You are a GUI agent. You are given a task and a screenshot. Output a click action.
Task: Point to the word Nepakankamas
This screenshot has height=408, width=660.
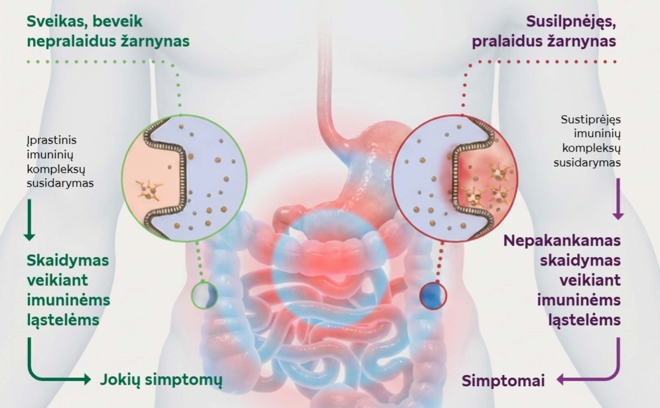pyautogui.click(x=562, y=240)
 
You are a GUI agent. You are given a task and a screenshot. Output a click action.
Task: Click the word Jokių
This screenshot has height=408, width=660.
pyautogui.click(x=123, y=380)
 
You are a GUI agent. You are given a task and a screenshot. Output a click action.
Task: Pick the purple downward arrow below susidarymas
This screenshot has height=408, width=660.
pyautogui.click(x=618, y=199)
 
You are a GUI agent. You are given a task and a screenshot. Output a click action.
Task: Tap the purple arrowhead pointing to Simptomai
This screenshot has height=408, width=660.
pyautogui.click(x=560, y=380)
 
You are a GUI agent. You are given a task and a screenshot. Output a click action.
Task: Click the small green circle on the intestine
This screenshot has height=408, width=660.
pyautogui.click(x=204, y=295)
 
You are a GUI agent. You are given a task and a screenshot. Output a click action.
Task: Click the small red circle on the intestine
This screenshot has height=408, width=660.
pyautogui.click(x=433, y=295)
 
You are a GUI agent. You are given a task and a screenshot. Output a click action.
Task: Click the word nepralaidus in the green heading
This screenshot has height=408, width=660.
pyautogui.click(x=70, y=41)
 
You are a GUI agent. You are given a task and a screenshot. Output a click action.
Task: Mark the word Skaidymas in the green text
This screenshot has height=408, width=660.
pyautogui.click(x=68, y=260)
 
